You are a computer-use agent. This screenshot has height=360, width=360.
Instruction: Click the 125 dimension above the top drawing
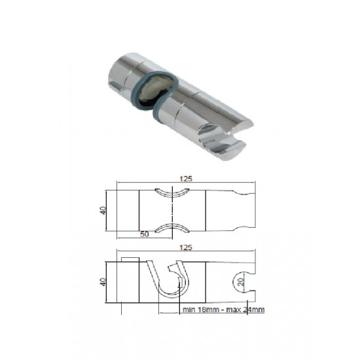click(186, 179)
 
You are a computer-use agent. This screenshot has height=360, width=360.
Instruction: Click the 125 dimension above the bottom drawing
click(186, 247)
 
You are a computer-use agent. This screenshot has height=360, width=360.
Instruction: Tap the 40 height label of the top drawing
click(103, 211)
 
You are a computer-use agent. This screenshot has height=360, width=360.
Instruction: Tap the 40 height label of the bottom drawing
click(103, 281)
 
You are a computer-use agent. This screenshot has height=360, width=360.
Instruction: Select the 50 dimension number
click(145, 234)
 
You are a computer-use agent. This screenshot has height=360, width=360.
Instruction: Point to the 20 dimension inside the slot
click(241, 281)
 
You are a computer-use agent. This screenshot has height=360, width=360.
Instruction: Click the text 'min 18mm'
click(201, 310)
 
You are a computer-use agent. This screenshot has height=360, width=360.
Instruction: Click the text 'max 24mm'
click(245, 310)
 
